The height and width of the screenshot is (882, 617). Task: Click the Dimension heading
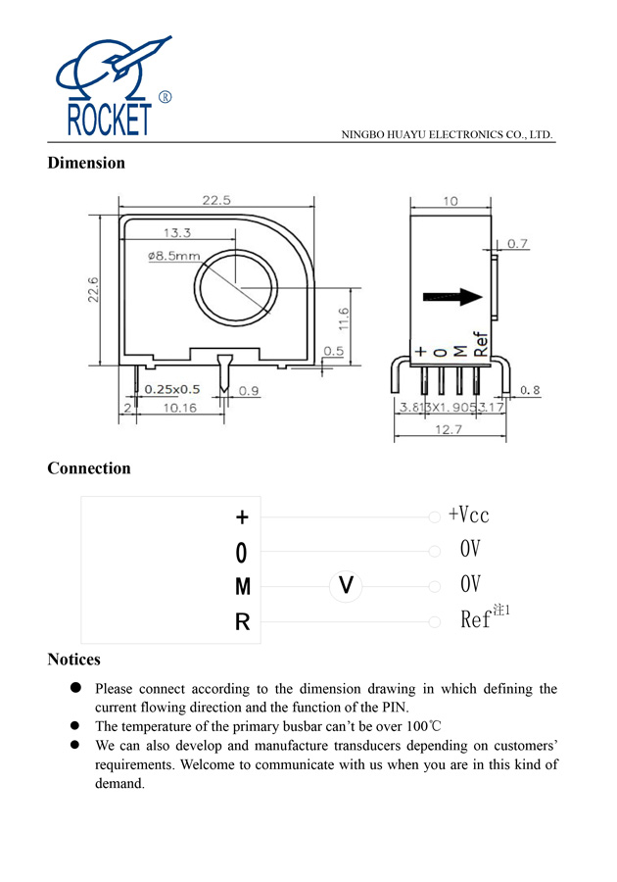(x=86, y=163)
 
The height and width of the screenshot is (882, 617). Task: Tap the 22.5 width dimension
(x=216, y=200)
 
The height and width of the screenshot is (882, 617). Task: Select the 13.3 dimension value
(x=176, y=233)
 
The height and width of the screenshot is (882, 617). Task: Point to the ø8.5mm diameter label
(x=174, y=256)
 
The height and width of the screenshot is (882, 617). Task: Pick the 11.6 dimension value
(x=343, y=318)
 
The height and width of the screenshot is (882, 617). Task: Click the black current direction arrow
(x=452, y=297)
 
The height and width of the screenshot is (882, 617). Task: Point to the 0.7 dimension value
(x=518, y=243)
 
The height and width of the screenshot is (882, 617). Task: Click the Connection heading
(x=89, y=468)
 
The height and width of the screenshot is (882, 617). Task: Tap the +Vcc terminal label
(x=468, y=515)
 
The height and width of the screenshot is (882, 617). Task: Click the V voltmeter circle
(x=345, y=586)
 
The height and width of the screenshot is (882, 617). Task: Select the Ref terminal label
(x=476, y=620)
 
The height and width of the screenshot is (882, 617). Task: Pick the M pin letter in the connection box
(x=243, y=587)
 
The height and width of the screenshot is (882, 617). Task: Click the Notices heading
(x=73, y=660)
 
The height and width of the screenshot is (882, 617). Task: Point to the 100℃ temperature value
(x=422, y=726)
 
